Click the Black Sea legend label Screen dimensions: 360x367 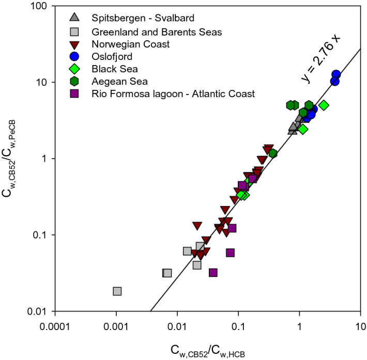pyautogui.click(x=114, y=69)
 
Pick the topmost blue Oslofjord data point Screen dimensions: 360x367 pyautogui.click(x=336, y=74)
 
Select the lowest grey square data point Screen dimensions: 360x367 pyautogui.click(x=117, y=291)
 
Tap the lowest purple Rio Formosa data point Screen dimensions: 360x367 pyautogui.click(x=213, y=273)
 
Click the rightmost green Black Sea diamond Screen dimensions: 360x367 pyautogui.click(x=324, y=105)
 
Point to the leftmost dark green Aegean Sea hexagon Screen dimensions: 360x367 pyautogui.click(x=291, y=105)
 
